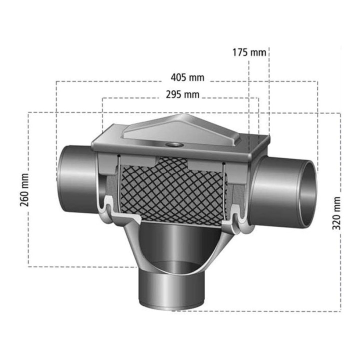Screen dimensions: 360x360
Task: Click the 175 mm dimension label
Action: pos(249,52)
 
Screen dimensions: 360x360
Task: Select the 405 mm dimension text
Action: pos(187,77)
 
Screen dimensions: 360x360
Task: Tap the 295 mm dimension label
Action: pos(183,94)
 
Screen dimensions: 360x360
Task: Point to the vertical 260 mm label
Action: pos(24,190)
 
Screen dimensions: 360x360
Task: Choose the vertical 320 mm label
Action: pos(336,213)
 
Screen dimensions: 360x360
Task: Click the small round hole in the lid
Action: pos(172,145)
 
